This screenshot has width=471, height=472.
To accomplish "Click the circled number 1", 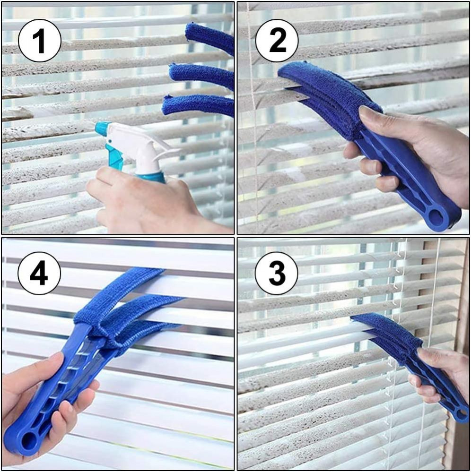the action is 39,40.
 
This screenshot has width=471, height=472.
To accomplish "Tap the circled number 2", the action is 277,40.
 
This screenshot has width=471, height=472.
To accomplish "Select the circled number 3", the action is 277,273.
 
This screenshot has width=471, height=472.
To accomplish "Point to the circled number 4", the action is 39,273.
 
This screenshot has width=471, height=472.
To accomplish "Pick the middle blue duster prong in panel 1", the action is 201,75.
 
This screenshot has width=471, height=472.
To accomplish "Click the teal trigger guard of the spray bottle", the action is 115,158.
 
